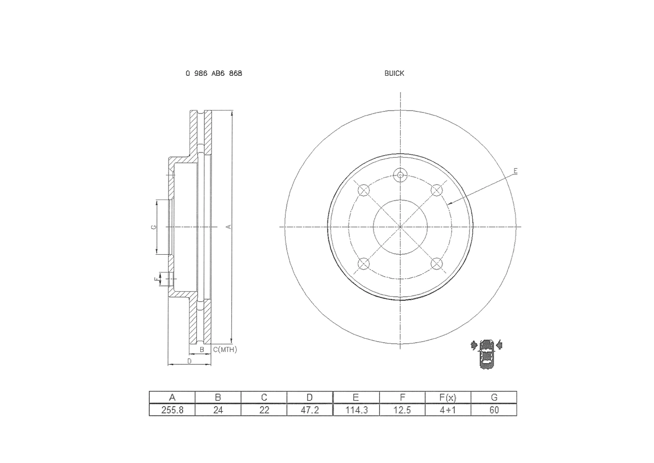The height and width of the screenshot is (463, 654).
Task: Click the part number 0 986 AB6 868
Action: tap(214, 73)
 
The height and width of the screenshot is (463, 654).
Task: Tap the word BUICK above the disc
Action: tap(394, 73)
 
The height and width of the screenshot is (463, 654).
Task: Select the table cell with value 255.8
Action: tap(172, 410)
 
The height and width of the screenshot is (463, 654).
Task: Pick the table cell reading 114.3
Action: tap(356, 410)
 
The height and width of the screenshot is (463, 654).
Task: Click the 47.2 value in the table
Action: tap(310, 410)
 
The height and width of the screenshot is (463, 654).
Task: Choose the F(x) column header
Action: tap(448, 398)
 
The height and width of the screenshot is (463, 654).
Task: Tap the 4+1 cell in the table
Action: tap(448, 410)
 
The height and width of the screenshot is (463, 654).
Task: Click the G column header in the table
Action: tap(494, 398)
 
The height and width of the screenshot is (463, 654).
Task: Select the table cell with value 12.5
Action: tap(402, 410)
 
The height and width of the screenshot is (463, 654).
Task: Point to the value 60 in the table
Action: tap(494, 410)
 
